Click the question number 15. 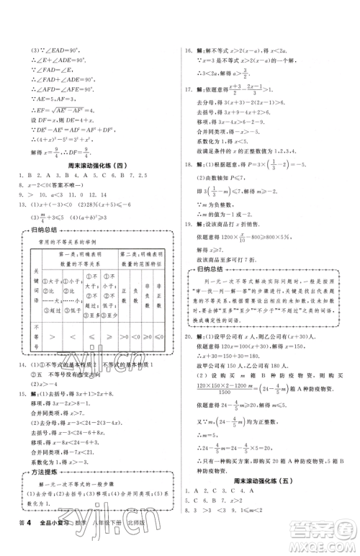pos(14,385)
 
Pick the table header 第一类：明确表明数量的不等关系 pos(81,259)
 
